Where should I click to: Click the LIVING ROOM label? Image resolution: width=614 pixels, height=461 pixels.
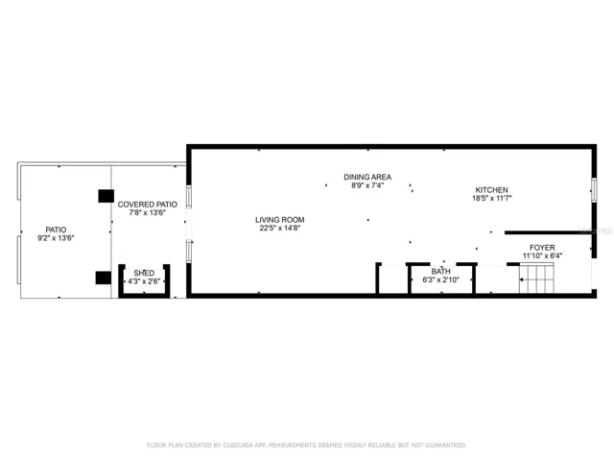[279, 220]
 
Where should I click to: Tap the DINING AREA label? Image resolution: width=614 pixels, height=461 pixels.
[367, 177]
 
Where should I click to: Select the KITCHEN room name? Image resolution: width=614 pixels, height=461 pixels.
[491, 190]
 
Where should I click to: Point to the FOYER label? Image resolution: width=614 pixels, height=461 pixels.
[542, 248]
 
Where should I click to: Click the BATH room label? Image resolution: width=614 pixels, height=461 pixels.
[440, 272]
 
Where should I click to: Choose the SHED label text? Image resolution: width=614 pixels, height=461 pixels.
[144, 273]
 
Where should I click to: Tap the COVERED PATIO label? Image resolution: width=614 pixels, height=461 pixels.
[147, 205]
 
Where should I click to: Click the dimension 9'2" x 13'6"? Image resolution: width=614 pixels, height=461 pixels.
[56, 238]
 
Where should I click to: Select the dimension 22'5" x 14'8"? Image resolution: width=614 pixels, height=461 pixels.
[279, 229]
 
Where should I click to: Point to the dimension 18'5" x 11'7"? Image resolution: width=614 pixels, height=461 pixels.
[491, 199]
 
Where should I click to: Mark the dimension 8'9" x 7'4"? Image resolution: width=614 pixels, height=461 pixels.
[367, 185]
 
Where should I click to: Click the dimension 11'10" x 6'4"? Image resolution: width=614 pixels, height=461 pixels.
[542, 256]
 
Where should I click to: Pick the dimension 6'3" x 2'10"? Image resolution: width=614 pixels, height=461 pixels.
[440, 279]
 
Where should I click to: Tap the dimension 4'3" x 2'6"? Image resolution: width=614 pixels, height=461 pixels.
[144, 281]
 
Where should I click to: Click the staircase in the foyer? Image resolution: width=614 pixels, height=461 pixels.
[536, 279]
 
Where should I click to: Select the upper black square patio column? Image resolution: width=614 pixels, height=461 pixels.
[106, 196]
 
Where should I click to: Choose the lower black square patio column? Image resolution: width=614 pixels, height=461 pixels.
[104, 278]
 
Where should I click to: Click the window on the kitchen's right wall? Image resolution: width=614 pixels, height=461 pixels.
[594, 190]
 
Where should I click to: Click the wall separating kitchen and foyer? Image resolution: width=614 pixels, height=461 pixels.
[548, 232]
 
